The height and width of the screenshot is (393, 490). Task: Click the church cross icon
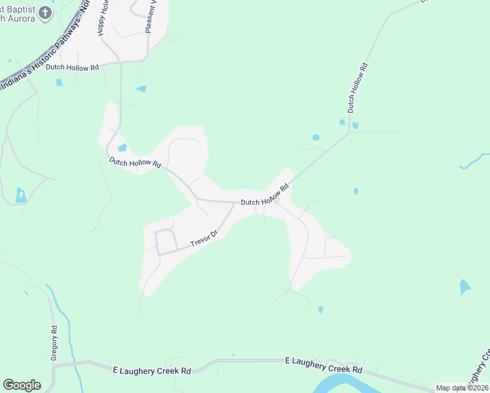point(44,12)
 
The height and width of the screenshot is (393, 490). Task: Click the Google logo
point(22,385)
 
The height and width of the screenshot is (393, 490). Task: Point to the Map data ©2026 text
point(461,388)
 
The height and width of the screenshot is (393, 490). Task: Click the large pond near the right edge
point(464,287)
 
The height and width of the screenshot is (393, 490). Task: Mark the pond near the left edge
point(20,195)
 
